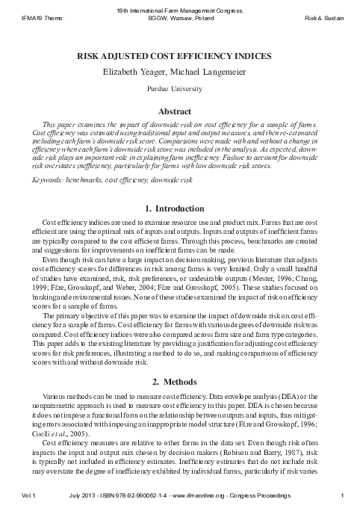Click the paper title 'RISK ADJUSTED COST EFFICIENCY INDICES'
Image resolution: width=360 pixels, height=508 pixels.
(x=179, y=56)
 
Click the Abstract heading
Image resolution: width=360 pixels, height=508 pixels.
(x=179, y=111)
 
